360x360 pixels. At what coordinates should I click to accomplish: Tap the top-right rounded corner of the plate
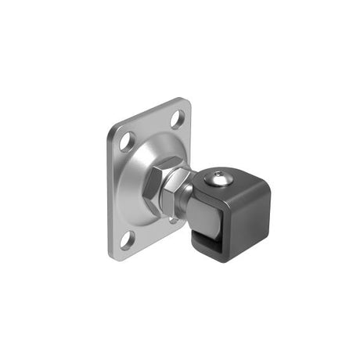click(x=185, y=103)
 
